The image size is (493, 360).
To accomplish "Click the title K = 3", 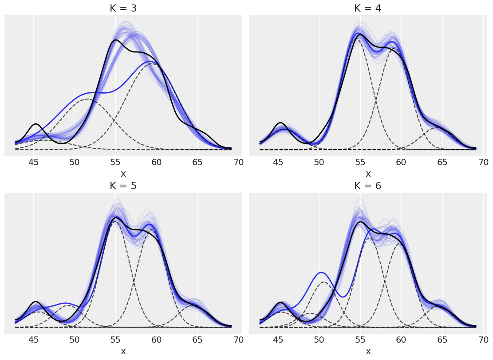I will point(123,8).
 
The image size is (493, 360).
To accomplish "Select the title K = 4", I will point(367,8).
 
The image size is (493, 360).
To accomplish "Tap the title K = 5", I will point(123,186).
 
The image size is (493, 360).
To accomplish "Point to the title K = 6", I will point(367,186).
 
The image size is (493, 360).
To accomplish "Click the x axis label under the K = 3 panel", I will point(123,174).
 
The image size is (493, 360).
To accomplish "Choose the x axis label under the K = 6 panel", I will point(368,351).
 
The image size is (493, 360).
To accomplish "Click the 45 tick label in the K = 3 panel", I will point(34,162).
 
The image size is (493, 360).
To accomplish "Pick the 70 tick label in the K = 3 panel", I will point(239,162).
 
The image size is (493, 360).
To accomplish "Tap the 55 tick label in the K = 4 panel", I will point(360,162).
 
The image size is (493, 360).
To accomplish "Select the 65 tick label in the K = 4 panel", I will point(442,162).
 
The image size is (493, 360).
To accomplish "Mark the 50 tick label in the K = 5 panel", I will point(75,340).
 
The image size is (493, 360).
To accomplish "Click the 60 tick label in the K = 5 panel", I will point(157,340).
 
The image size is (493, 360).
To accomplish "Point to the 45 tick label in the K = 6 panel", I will point(278,340).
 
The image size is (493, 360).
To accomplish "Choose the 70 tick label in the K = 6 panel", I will point(483,340).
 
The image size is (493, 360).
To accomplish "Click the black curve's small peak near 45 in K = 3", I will point(36,124).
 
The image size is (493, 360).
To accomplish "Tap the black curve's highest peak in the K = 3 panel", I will point(116,40).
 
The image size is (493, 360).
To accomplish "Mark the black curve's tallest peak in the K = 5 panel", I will point(116,218).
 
